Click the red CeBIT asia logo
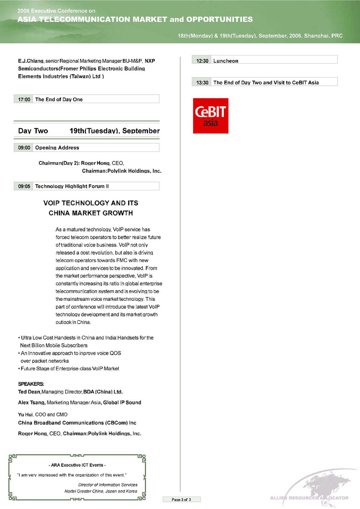click(210, 116)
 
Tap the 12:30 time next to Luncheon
click(202, 61)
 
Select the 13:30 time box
click(202, 83)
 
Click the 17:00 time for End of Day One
click(24, 99)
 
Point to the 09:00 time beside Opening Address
click(24, 148)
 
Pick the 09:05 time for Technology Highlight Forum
click(24, 186)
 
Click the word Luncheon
click(226, 61)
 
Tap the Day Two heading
click(33, 131)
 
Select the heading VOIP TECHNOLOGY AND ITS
click(91, 203)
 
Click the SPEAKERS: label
click(31, 384)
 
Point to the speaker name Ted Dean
click(29, 392)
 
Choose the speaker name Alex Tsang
click(32, 402)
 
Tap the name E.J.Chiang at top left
click(31, 61)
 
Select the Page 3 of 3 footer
click(181, 499)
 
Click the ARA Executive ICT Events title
click(77, 465)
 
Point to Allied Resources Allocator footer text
click(309, 498)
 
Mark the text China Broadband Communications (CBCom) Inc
click(77, 423)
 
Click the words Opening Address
click(57, 148)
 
